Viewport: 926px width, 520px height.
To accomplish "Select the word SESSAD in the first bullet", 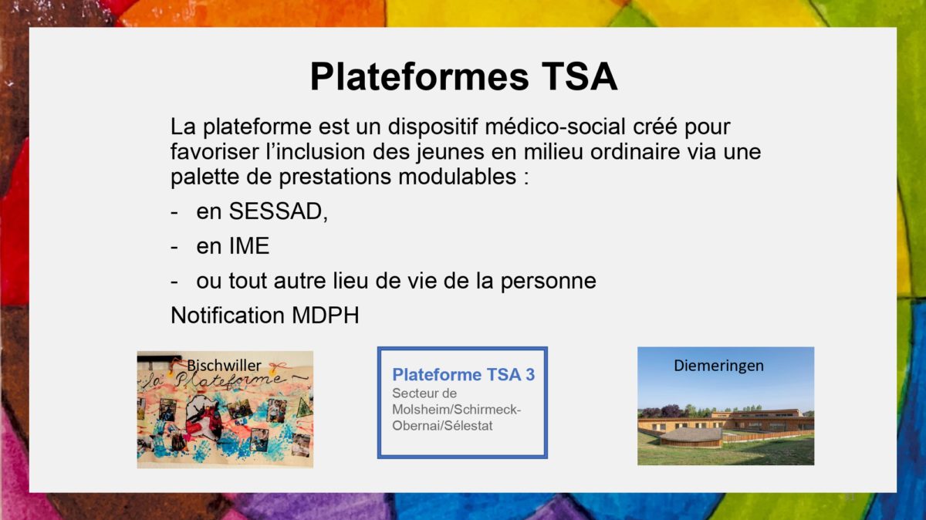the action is pyautogui.click(x=275, y=211).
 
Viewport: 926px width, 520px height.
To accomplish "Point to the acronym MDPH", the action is pyautogui.click(x=326, y=316).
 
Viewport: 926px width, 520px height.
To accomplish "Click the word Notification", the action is pyautogui.click(x=228, y=316).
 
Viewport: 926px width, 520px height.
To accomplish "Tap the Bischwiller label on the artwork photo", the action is pyautogui.click(x=224, y=366).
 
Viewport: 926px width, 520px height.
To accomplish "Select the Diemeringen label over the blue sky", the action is pyautogui.click(x=718, y=366).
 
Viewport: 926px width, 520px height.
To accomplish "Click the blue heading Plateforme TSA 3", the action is pyautogui.click(x=464, y=374).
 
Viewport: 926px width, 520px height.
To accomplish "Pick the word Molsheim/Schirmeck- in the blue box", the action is pyautogui.click(x=456, y=409).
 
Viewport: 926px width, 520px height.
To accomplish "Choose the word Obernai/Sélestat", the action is pyautogui.click(x=442, y=426).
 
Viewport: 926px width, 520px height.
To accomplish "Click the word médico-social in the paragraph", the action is pyautogui.click(x=555, y=127).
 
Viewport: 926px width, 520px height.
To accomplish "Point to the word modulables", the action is pyautogui.click(x=457, y=177).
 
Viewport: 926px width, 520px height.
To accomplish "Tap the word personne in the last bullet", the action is pyautogui.click(x=548, y=281).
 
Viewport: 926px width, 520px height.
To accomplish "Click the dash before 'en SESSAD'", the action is pyautogui.click(x=174, y=212).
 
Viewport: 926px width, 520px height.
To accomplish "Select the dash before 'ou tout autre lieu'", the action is pyautogui.click(x=174, y=282).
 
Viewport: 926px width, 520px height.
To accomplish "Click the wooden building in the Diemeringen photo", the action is pyautogui.click(x=725, y=426).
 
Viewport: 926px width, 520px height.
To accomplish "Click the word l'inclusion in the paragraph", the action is pyautogui.click(x=316, y=152).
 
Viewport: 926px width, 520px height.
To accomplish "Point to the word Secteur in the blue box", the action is pyautogui.click(x=424, y=393).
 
